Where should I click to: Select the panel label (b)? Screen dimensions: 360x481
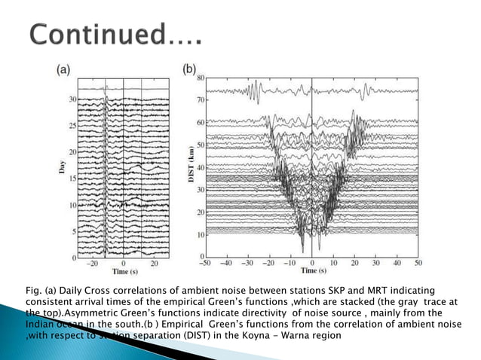tap(189, 69)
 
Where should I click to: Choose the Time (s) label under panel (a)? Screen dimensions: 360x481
tap(122, 273)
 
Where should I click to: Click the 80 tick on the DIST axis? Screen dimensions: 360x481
tap(201, 78)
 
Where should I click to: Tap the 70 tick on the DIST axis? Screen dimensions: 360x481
tap(201, 99)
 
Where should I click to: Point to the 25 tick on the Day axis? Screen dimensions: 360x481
tap(72, 125)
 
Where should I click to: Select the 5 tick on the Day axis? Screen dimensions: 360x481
tap(75, 231)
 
